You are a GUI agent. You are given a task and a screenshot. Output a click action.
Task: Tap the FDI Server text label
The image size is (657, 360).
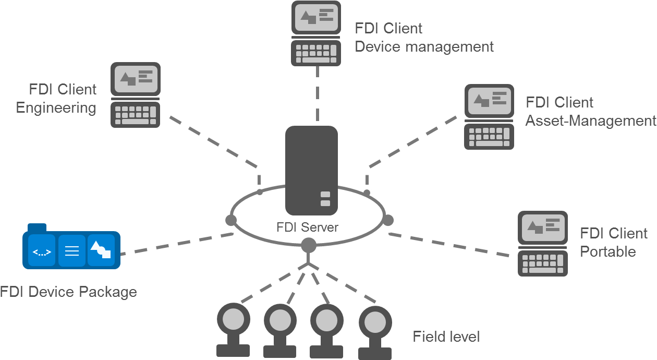tap(307, 227)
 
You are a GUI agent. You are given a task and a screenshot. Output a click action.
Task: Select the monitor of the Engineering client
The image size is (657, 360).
tap(136, 79)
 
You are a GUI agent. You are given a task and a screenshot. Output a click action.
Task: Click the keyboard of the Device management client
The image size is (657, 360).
tap(316, 53)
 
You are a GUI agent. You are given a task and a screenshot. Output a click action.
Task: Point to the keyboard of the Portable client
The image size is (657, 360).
tap(543, 263)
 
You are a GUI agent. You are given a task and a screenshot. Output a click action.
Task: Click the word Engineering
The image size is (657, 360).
tap(56, 108)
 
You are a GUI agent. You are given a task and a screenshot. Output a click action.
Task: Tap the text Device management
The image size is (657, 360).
tap(424, 46)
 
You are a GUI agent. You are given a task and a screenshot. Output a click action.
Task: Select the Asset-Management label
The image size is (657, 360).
tap(590, 121)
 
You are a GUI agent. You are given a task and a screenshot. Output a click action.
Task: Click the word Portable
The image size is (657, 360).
tap(608, 251)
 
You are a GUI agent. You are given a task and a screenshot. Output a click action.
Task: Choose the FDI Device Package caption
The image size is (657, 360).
tap(68, 292)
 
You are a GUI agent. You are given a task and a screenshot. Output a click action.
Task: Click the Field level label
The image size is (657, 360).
tap(446, 337)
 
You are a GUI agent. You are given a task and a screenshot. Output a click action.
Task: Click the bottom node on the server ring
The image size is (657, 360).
tap(308, 244)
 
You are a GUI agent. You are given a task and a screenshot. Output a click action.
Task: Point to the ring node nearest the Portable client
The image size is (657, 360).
tap(387, 220)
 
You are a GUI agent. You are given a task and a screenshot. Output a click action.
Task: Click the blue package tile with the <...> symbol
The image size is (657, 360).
tap(42, 251)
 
